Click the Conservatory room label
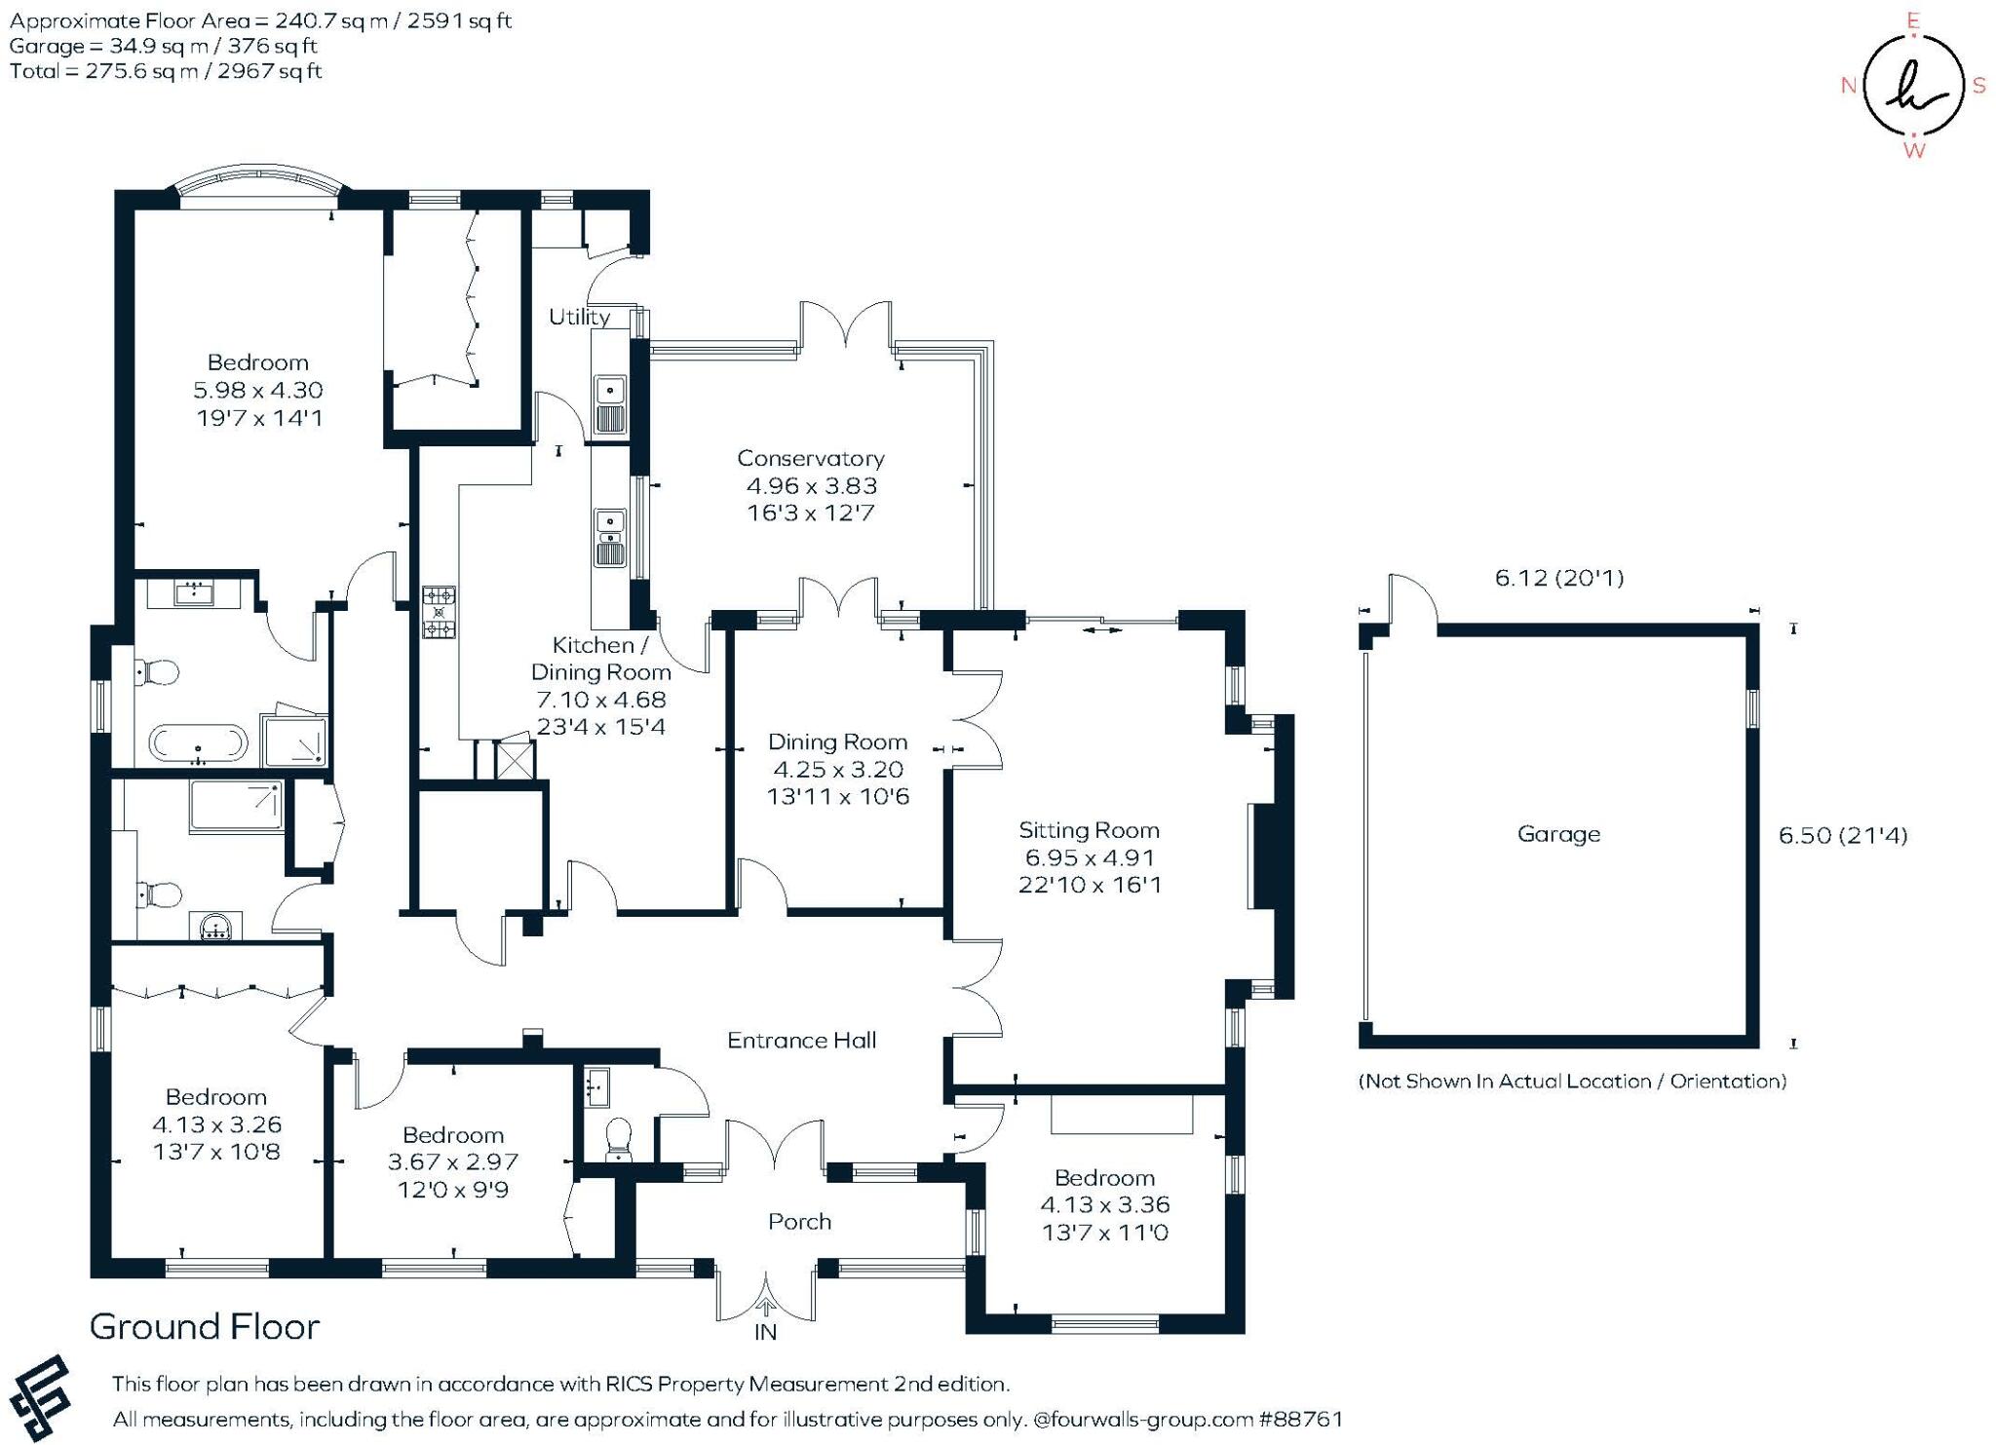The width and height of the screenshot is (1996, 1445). tap(810, 458)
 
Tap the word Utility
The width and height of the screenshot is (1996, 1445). tap(579, 317)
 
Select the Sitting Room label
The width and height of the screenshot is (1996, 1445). tap(1089, 830)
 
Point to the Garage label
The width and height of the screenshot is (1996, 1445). tap(1558, 834)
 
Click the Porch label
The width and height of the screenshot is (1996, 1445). tap(799, 1222)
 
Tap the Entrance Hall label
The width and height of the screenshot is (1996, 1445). tap(802, 1041)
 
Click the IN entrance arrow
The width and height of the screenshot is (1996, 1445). tap(766, 1310)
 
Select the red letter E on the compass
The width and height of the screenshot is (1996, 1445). tap(1913, 20)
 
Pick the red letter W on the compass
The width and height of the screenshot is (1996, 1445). tap(1914, 151)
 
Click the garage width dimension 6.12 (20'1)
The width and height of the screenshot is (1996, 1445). tap(1559, 578)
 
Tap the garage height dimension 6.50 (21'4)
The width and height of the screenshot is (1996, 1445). tap(1843, 835)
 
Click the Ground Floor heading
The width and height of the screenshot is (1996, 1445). tap(205, 1327)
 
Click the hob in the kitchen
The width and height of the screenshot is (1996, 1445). tap(439, 612)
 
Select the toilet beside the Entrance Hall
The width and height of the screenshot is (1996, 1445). tap(619, 1139)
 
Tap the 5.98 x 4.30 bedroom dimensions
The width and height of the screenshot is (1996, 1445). tap(258, 390)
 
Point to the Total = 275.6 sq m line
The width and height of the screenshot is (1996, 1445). tap(166, 71)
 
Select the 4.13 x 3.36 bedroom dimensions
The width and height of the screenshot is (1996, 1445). tap(1105, 1205)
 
